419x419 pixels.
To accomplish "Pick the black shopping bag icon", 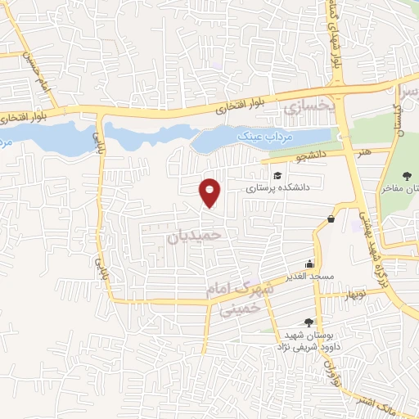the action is tap(331, 218).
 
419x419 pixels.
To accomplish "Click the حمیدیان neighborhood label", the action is tap(195, 236).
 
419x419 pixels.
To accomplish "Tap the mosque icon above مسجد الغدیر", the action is tap(309, 264).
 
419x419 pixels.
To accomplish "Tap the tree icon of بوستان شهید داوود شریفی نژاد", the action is tap(308, 322).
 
